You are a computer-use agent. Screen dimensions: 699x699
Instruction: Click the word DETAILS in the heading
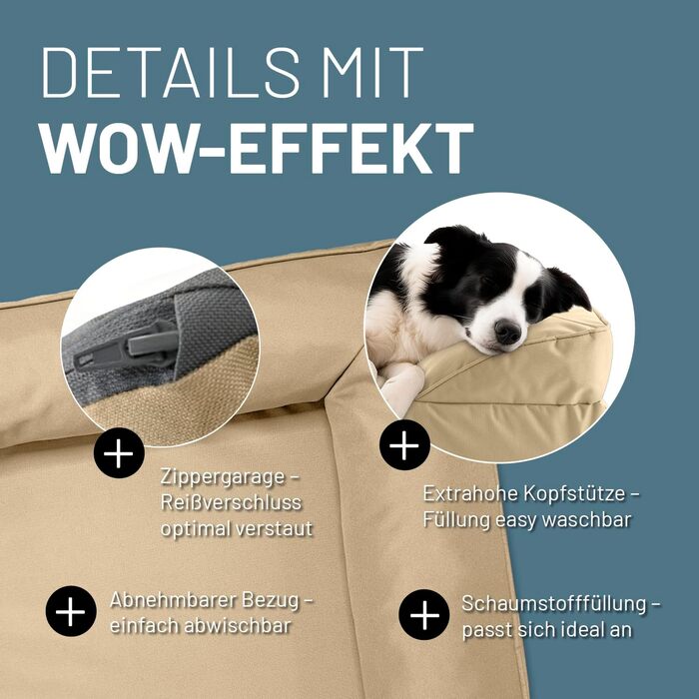(x=171, y=72)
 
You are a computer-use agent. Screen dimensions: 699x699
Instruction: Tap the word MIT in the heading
(x=372, y=72)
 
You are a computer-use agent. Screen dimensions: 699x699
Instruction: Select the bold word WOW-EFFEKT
(x=258, y=148)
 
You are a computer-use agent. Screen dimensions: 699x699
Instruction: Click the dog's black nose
(x=507, y=333)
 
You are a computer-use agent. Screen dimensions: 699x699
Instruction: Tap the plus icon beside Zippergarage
(x=119, y=453)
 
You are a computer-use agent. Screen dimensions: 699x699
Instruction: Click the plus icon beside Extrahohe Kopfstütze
(x=404, y=445)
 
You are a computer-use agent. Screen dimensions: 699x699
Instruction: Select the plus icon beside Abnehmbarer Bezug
(x=71, y=611)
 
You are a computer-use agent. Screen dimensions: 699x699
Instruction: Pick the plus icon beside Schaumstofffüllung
(x=424, y=615)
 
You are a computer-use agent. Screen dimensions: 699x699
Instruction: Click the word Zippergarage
(x=223, y=478)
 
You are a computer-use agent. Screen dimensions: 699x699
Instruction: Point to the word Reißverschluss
(x=231, y=503)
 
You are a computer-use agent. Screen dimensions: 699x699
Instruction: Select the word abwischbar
(x=238, y=626)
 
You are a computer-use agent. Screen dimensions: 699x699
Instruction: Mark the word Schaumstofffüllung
(x=553, y=603)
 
